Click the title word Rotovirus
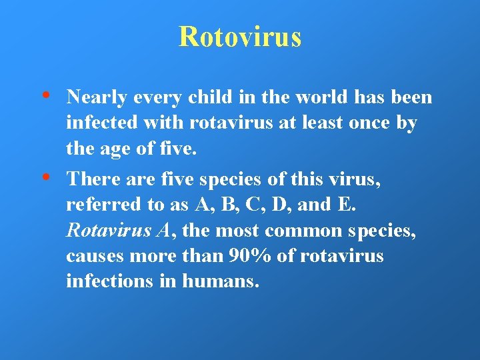[x=240, y=37]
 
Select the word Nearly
[x=97, y=98]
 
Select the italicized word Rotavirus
[x=109, y=231]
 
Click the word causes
[x=91, y=256]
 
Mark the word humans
[x=221, y=281]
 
